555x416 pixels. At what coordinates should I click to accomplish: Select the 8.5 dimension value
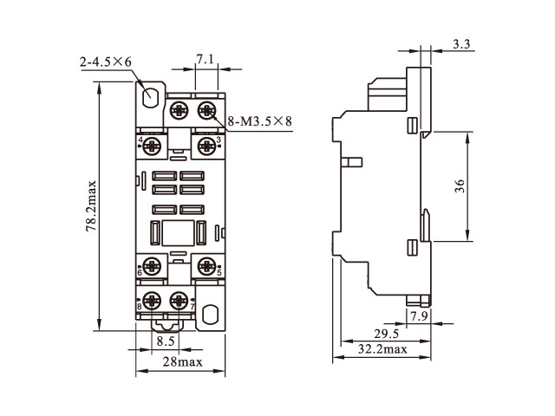coord(165,341)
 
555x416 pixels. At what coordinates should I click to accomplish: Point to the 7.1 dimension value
coord(206,59)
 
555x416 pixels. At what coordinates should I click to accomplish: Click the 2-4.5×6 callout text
coord(106,62)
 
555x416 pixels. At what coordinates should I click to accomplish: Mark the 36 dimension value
coord(460,185)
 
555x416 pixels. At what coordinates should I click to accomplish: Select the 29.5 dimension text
coord(386,334)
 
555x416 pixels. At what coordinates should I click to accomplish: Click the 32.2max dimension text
coord(382,349)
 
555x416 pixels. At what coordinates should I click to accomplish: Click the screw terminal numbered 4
coord(153,145)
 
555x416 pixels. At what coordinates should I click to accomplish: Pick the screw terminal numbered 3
coord(206,145)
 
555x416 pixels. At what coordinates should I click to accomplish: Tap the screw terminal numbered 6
coord(153,265)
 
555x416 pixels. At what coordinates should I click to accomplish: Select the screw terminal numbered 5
coord(206,265)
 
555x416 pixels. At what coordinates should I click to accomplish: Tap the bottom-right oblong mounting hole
coord(208,314)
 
